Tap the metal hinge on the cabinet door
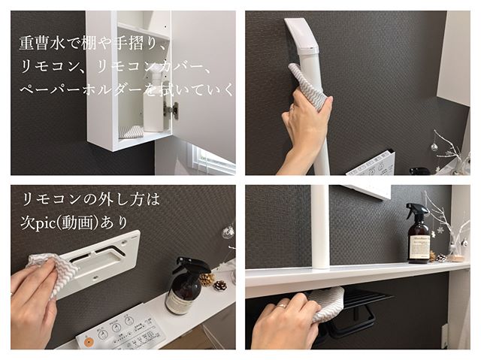point(171,110)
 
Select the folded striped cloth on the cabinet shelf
point(131,132)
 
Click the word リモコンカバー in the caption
point(150,67)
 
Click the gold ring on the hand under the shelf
point(283,306)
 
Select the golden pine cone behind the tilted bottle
point(207,280)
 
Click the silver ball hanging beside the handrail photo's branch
point(434,147)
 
